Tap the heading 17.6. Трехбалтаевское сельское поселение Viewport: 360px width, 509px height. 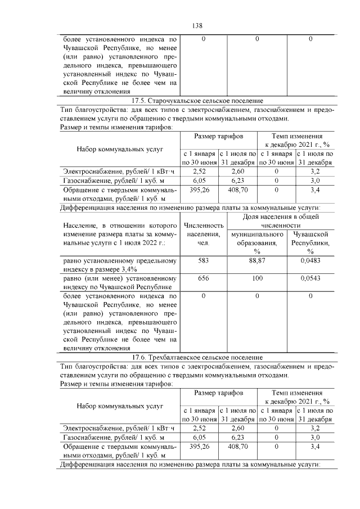click(x=197, y=357)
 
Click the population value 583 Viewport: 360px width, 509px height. click(x=203, y=260)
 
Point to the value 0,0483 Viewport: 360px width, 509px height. click(x=310, y=260)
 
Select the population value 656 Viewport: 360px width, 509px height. click(x=203, y=278)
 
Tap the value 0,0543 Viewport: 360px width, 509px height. click(x=310, y=278)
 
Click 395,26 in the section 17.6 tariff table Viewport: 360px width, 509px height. click(x=199, y=446)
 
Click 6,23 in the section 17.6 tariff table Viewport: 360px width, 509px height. click(x=237, y=436)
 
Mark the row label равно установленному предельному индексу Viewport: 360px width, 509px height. click(x=119, y=265)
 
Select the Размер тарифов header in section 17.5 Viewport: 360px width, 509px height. click(x=218, y=137)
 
